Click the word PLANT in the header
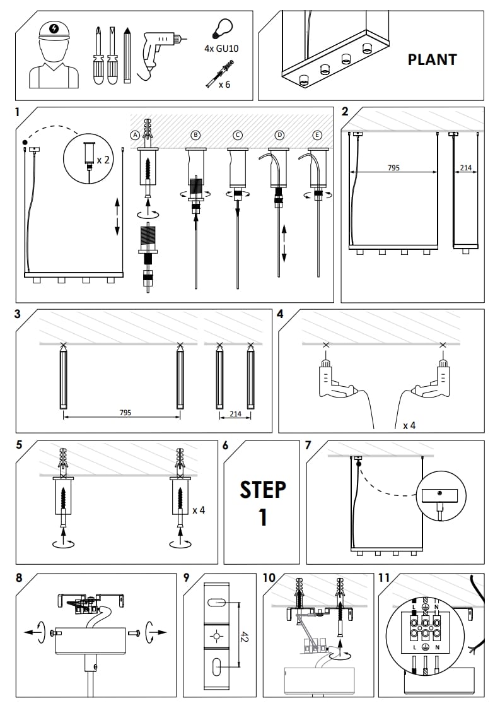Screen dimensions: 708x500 pyautogui.click(x=432, y=60)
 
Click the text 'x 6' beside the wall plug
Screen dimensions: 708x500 pyautogui.click(x=224, y=84)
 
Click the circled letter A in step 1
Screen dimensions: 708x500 pyautogui.click(x=134, y=135)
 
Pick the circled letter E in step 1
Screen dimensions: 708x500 pyautogui.click(x=317, y=135)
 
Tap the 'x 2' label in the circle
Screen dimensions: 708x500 pyautogui.click(x=103, y=160)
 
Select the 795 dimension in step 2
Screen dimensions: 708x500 pyautogui.click(x=393, y=168)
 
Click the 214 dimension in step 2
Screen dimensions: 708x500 pyautogui.click(x=466, y=168)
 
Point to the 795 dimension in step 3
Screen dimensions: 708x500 pyautogui.click(x=125, y=413)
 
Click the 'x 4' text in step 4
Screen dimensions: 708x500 pyautogui.click(x=409, y=425)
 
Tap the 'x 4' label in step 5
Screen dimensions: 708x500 pyautogui.click(x=199, y=509)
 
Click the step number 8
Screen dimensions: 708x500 pyautogui.click(x=20, y=577)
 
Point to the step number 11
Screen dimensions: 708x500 pyautogui.click(x=385, y=577)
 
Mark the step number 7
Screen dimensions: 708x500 pyautogui.click(x=308, y=445)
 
